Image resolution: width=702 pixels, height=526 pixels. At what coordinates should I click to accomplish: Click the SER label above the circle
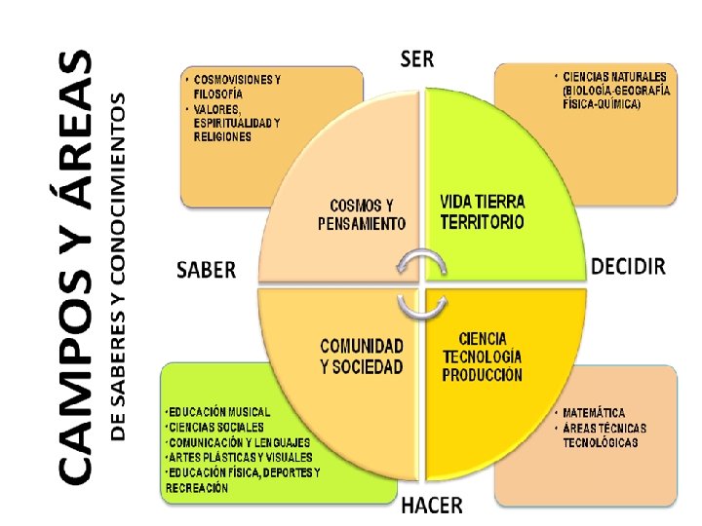417,57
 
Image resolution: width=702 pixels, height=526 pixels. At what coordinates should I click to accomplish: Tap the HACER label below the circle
432,505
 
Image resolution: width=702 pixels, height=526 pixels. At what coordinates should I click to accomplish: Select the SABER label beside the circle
206,270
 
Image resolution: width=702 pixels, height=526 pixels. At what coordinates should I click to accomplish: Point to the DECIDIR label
628,266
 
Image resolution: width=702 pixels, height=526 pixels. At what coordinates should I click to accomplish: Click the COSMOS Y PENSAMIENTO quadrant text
361,214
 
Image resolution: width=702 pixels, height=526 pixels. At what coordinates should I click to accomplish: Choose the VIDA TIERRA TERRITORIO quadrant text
482,211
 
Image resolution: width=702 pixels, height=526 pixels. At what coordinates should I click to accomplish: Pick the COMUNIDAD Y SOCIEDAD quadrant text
361,356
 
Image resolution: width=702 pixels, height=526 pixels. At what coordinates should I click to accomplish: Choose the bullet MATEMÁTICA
594,413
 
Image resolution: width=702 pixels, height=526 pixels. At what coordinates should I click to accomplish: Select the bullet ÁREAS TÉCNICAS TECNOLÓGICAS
604,435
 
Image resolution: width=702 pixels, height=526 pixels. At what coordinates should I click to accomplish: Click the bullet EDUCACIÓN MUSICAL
218,412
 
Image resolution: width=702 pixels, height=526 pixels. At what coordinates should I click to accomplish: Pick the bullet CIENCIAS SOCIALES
215,427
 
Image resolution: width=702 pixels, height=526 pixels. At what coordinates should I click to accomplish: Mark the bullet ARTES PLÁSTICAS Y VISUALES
240,456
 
